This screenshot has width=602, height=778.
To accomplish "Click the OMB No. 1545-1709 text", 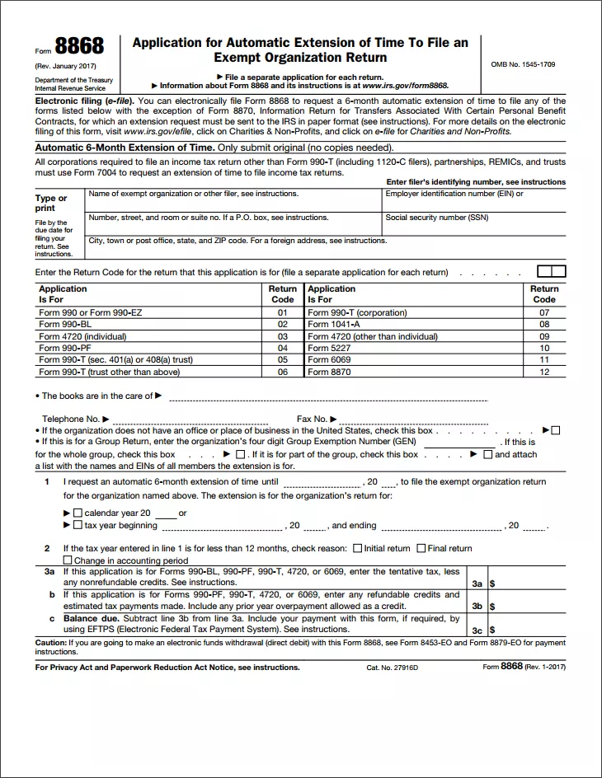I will click(523, 64).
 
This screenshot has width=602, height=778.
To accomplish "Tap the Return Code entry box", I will click(551, 271).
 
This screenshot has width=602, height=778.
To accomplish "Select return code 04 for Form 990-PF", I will click(282, 348).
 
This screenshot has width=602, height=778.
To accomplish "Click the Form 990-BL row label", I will click(65, 325).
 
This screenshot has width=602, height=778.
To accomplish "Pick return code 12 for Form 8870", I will click(544, 372).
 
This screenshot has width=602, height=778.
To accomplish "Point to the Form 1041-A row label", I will click(334, 325).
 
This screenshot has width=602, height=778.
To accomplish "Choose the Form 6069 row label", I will click(329, 360).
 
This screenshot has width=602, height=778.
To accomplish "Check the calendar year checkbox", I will click(78, 513).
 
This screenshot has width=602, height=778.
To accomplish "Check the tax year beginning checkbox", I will click(78, 525).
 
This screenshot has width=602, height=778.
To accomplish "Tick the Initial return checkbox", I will click(357, 548).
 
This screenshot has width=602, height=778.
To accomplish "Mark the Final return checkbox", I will click(421, 548).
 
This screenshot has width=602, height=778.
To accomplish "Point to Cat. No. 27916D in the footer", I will click(393, 668).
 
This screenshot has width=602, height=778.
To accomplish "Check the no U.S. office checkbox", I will click(556, 430).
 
